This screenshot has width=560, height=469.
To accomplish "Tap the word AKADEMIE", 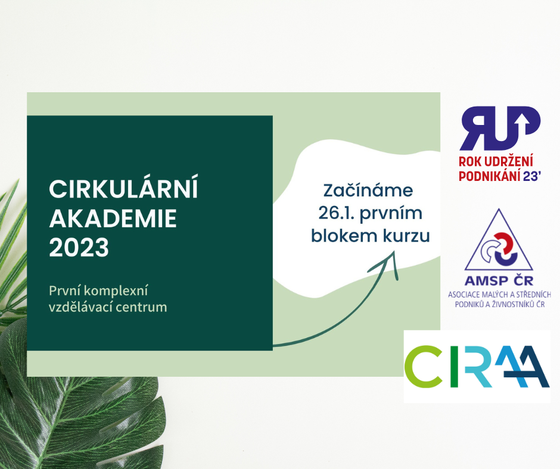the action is (113, 218).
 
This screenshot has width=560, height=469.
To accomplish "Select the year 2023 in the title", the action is (79, 248).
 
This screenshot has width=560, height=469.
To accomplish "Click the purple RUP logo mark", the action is (500, 128).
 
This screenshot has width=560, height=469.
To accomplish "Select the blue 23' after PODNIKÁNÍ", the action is (532, 176).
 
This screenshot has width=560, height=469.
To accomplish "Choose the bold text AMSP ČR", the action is (499, 281).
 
